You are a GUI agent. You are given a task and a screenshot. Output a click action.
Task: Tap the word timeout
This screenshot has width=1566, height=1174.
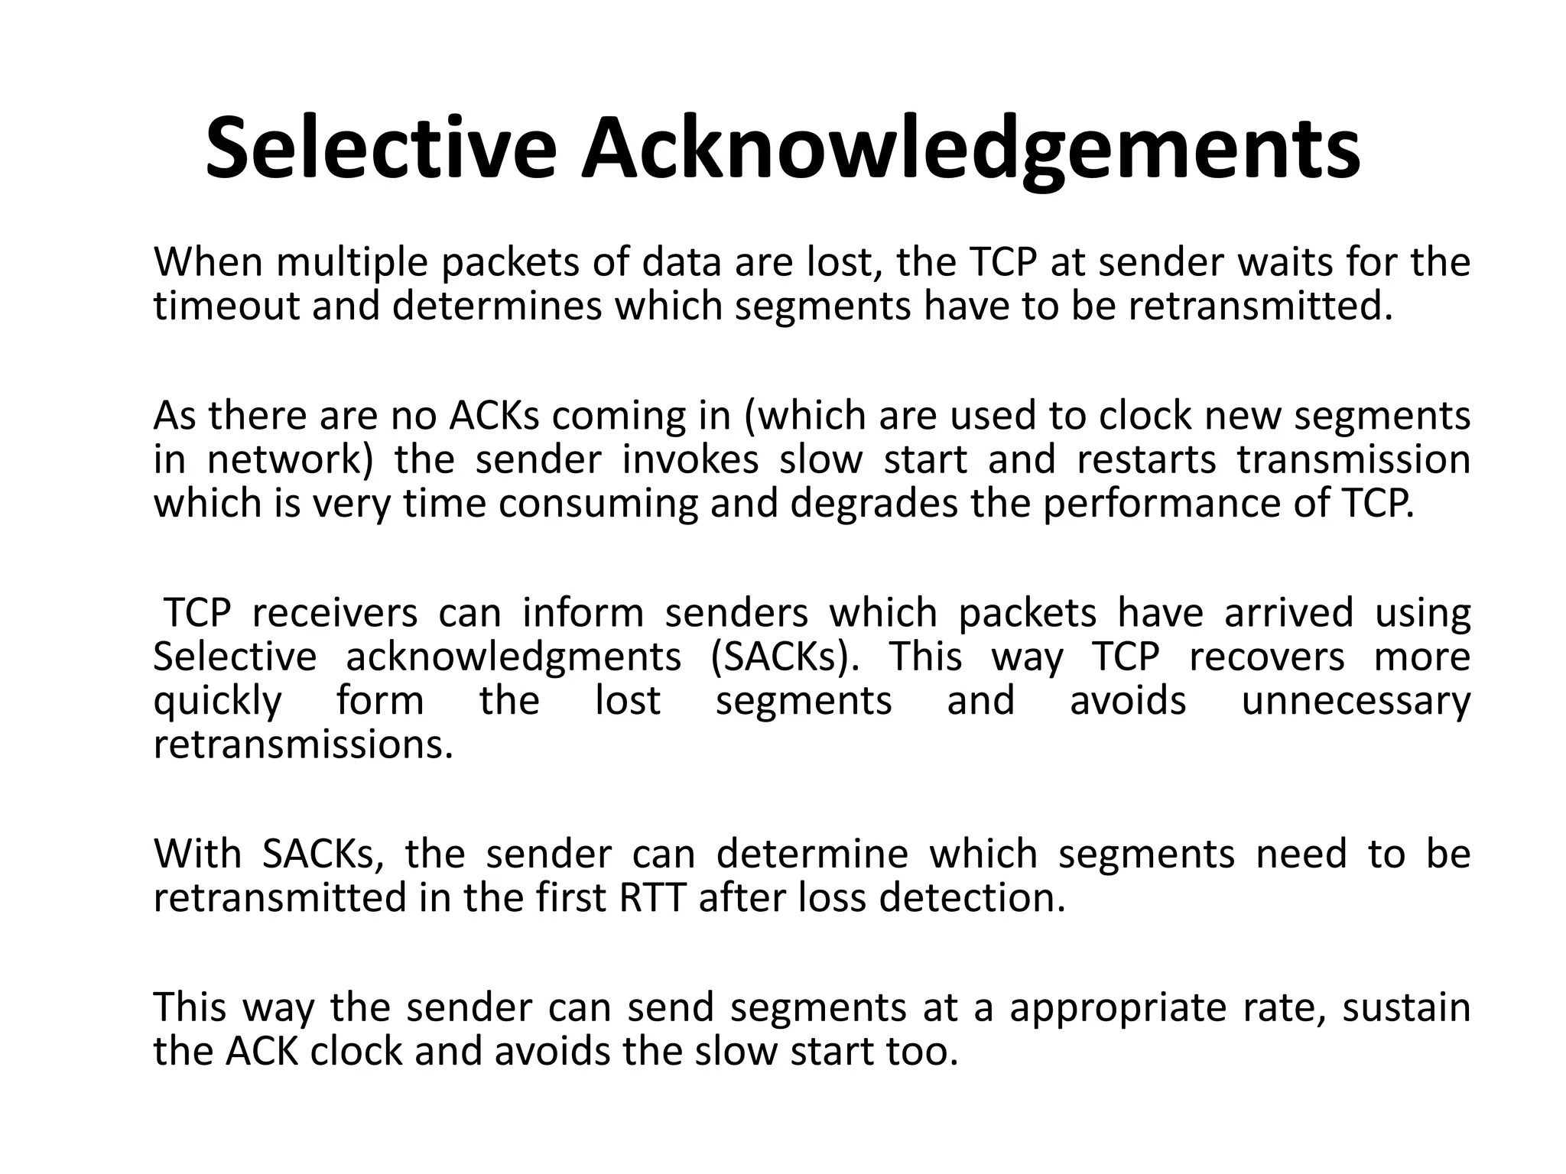pyautogui.click(x=227, y=306)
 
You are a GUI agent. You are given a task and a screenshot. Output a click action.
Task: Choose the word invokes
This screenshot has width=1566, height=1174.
pyautogui.click(x=690, y=460)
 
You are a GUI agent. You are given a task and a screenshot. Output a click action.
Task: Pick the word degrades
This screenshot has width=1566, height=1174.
pyautogui.click(x=872, y=504)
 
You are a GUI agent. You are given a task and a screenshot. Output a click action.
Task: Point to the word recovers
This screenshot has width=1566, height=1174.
pyautogui.click(x=1266, y=657)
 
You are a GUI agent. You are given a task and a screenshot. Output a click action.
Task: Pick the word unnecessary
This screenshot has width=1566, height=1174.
pyautogui.click(x=1356, y=702)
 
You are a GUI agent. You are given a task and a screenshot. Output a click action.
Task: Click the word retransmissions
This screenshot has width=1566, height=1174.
pyautogui.click(x=303, y=744)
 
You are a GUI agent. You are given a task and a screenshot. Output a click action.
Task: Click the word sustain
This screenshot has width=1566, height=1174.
pyautogui.click(x=1406, y=1007)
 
